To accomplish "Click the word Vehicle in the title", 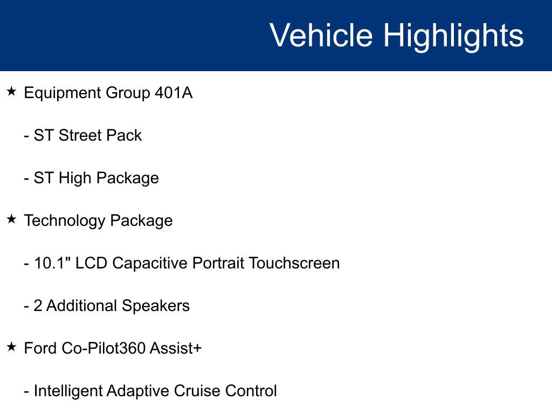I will click(x=321, y=36).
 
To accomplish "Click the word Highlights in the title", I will click(x=453, y=36).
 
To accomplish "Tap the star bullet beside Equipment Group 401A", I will click(x=12, y=92).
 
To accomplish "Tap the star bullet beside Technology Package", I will click(x=12, y=219).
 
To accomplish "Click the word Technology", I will click(x=65, y=220).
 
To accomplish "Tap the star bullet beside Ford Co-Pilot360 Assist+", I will click(x=12, y=347).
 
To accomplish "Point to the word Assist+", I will click(x=176, y=348).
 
